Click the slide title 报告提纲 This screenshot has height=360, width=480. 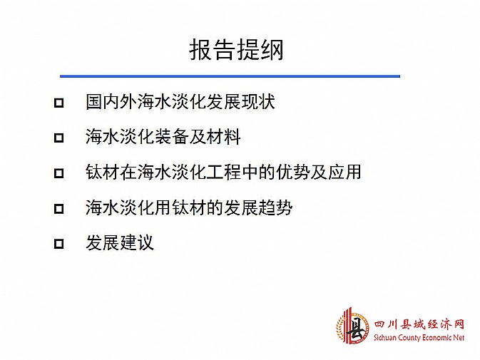[236, 50]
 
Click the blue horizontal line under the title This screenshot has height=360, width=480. [230, 76]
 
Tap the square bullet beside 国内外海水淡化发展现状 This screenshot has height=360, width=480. [58, 103]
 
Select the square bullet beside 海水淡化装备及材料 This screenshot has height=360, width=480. [58, 138]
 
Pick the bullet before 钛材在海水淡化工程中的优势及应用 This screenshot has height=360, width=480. [58, 173]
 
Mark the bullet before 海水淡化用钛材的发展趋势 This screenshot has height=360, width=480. [58, 209]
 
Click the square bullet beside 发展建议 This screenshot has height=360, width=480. [58, 244]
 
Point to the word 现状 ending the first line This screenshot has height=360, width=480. [258, 101]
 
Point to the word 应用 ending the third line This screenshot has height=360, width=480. [344, 172]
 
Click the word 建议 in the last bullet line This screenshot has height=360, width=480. [137, 242]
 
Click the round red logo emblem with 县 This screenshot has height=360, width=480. [352, 327]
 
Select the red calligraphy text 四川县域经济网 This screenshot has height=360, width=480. [419, 325]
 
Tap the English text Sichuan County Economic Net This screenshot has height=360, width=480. [419, 338]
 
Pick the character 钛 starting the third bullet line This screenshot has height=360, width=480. [94, 172]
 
